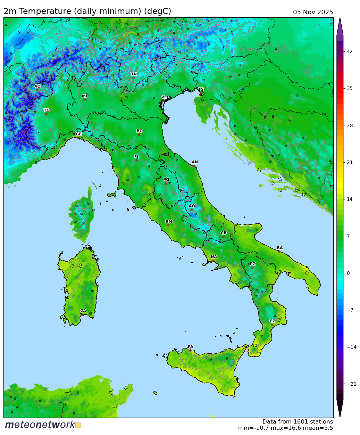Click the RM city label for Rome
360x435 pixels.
(169, 222)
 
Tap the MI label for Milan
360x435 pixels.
(84, 96)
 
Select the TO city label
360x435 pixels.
(47, 110)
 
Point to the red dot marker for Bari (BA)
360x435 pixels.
(279, 252)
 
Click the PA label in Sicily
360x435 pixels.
(190, 347)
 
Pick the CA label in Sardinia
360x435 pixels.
(83, 311)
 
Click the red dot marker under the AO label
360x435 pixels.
(37, 90)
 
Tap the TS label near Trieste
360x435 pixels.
(201, 90)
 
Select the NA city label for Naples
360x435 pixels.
(214, 257)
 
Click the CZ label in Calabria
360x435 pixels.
(273, 321)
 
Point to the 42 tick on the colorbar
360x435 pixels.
(349, 51)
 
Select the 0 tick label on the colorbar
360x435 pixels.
(348, 273)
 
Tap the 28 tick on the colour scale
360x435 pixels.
(349, 125)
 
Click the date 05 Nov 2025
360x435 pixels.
(313, 12)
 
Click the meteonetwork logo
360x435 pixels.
(43, 425)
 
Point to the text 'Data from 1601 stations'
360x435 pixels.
(298, 422)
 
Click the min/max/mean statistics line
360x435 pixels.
(285, 428)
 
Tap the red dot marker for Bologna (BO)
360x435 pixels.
(139, 134)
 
